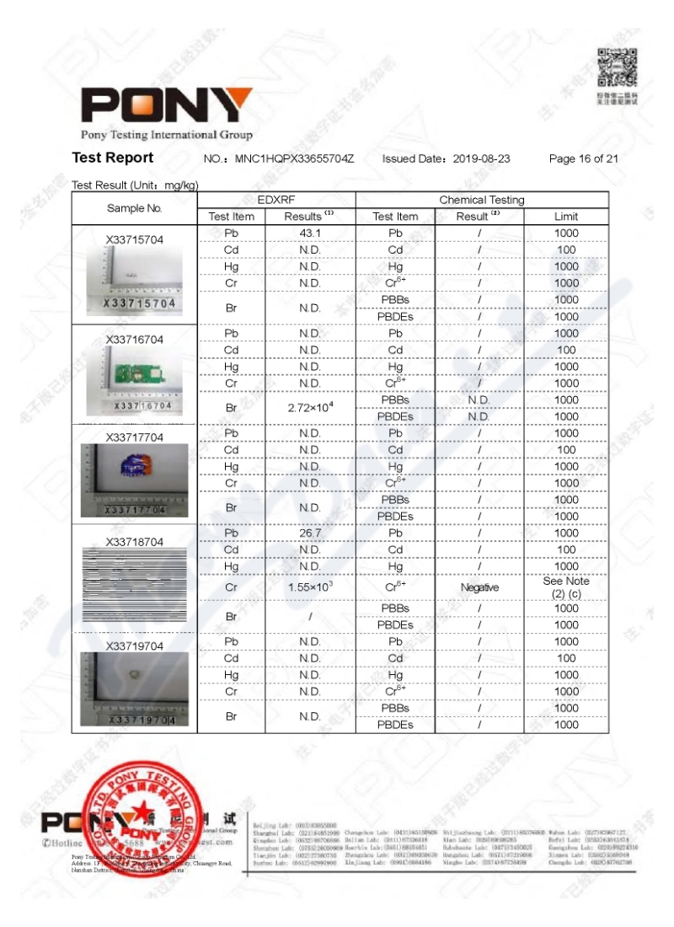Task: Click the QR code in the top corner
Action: tap(617, 68)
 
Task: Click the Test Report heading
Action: tap(113, 158)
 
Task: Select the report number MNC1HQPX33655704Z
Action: tap(294, 158)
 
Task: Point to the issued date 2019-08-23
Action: tap(482, 158)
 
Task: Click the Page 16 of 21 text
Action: tap(584, 158)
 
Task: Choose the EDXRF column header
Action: tap(276, 200)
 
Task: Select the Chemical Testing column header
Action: tap(482, 200)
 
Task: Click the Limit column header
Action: tap(566, 217)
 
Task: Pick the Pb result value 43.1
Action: tap(310, 233)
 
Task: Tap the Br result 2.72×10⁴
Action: tap(310, 407)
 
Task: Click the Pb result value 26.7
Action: tap(310, 533)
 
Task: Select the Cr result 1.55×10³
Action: tap(310, 587)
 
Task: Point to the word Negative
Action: tap(479, 587)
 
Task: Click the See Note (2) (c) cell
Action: tap(566, 587)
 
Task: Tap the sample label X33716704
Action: tap(135, 340)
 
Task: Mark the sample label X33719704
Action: tap(135, 646)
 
